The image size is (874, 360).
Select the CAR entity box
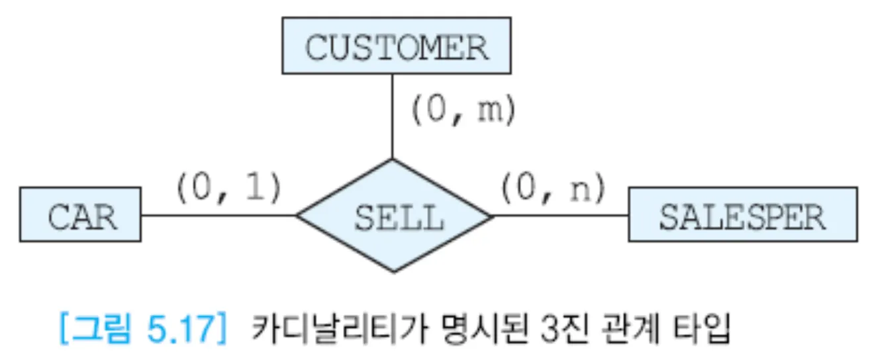80,214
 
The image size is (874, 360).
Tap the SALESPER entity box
742,214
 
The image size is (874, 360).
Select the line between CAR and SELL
218,214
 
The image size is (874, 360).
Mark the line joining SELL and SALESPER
560,216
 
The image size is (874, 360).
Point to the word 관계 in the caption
587,329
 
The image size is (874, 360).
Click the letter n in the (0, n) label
582,189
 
